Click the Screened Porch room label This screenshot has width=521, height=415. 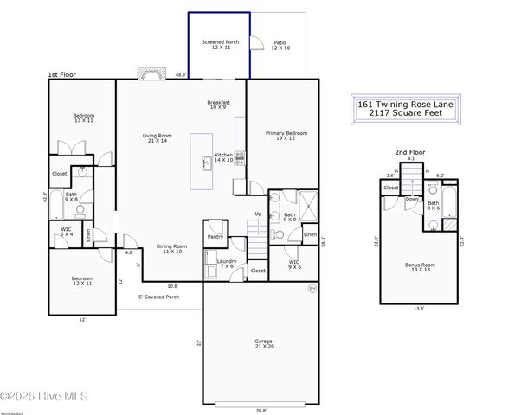(220, 44)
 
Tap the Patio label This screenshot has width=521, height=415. (280, 44)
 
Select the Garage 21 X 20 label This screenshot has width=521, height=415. (263, 343)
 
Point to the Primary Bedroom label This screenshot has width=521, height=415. (286, 137)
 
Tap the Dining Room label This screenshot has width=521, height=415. (170, 248)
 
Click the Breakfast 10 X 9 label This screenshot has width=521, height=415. (218, 105)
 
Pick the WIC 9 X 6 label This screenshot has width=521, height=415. (294, 264)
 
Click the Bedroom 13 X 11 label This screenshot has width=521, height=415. (83, 118)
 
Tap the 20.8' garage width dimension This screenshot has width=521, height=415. (261, 409)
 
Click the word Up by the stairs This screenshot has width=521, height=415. (257, 214)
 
